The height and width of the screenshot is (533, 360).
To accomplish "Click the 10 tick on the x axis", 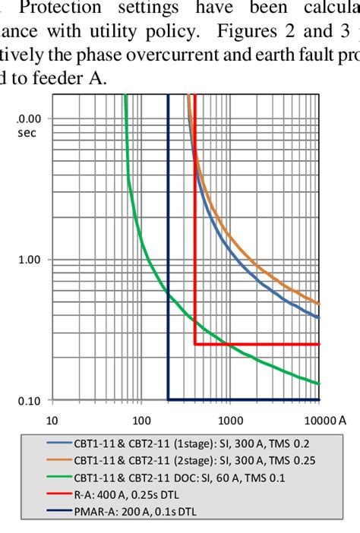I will point(52,420).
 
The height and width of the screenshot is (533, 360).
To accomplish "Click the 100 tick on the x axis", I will point(141,420).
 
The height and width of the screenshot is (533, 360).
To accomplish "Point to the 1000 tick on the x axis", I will point(230,420).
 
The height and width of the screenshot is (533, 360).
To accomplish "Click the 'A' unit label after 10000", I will point(343,420).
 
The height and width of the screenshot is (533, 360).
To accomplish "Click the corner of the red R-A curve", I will point(195,344).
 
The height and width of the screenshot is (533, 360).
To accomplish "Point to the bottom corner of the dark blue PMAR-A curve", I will point(168,399).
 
